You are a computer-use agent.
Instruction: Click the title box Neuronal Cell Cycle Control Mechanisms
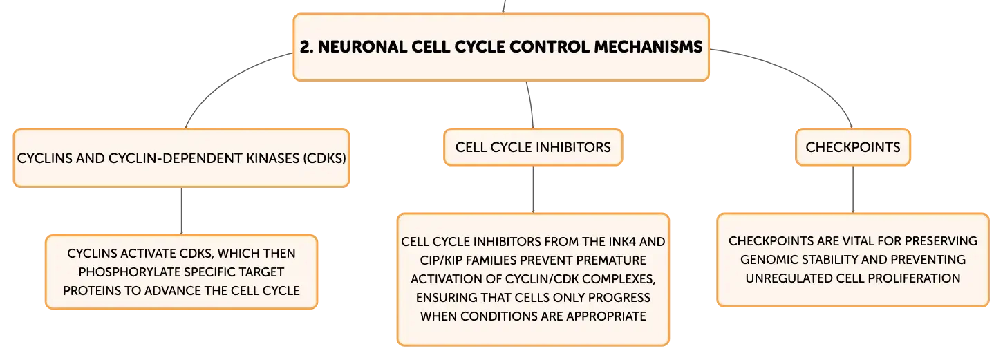[501, 47]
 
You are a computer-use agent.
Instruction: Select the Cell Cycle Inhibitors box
[533, 147]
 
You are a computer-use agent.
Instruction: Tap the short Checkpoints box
[852, 147]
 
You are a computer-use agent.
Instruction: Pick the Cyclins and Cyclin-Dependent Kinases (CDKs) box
[181, 158]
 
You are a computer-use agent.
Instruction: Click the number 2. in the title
[306, 47]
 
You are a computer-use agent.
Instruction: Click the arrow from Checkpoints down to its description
[853, 189]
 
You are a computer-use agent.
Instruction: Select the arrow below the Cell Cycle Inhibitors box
[533, 189]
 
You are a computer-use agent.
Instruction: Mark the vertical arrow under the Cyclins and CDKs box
[181, 211]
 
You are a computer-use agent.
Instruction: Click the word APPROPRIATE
[606, 316]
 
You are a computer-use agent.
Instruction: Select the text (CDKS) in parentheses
[325, 158]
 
